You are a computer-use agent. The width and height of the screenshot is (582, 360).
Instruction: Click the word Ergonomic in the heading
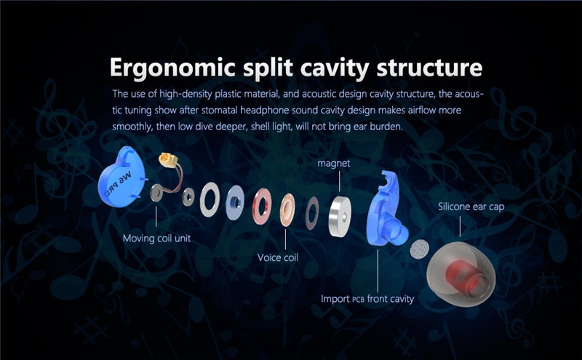point(173,68)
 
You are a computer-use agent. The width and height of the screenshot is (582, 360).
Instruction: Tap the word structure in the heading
point(429,67)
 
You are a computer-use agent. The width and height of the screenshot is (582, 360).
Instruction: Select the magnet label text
point(334,164)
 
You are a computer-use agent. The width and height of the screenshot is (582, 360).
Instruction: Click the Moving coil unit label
point(156,239)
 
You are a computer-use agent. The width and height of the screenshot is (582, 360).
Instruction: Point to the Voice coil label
point(278,257)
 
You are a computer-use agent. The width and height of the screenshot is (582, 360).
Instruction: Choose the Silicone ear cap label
point(471,207)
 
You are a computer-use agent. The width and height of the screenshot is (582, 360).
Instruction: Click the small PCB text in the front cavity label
point(358,300)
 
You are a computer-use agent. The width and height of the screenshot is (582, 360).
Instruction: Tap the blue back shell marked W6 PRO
point(121,176)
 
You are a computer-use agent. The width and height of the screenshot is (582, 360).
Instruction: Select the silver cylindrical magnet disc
point(340,217)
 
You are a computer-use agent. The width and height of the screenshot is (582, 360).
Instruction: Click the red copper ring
point(262,207)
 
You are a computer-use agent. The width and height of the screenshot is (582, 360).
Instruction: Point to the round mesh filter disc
point(420,249)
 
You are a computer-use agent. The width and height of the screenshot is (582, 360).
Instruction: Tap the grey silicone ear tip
point(461,274)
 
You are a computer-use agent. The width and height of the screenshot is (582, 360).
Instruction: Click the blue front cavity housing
point(386,212)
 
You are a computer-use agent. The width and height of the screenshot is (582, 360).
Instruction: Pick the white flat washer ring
point(210,199)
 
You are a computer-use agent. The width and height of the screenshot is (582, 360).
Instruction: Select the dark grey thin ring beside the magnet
point(312,213)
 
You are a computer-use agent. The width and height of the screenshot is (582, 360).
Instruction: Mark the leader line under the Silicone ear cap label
point(460,226)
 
